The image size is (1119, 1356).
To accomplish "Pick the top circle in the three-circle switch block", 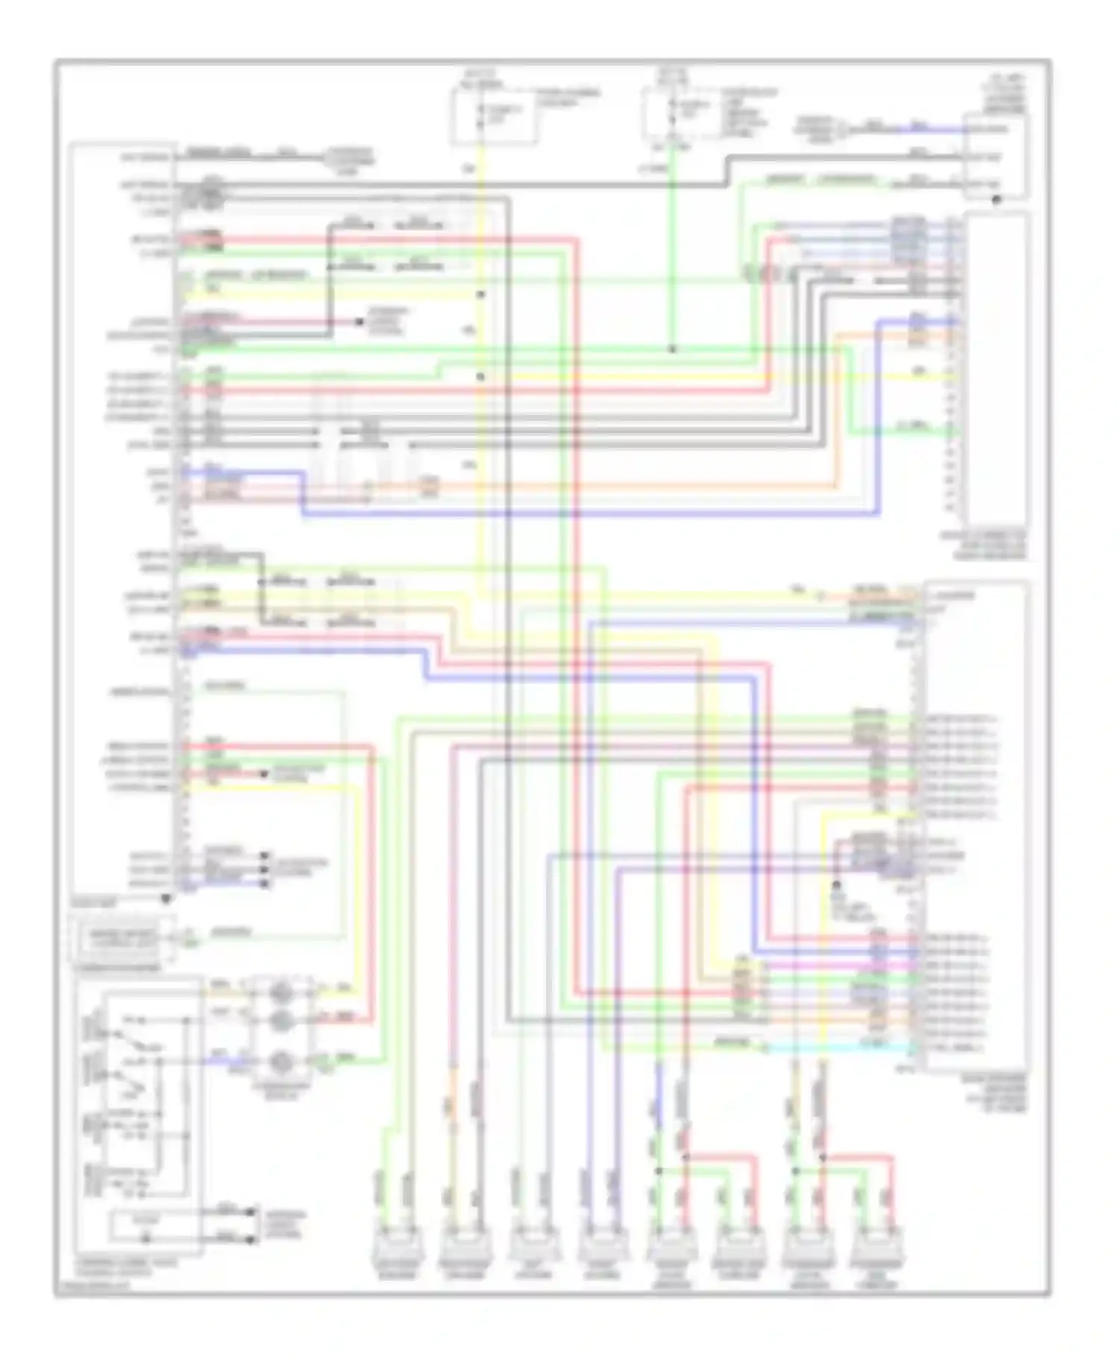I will point(281,993).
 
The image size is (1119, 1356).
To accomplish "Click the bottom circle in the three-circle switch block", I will point(281,1060).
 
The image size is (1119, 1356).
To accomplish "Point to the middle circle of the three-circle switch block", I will point(281,1019).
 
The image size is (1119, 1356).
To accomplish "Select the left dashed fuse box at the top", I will point(492,116).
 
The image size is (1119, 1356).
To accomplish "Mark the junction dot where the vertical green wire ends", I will point(671,349).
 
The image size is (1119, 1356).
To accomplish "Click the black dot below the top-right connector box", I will point(995,200).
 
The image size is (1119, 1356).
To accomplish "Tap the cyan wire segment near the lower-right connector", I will point(836,1049).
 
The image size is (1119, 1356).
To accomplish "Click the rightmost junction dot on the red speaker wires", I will point(823,1157).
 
